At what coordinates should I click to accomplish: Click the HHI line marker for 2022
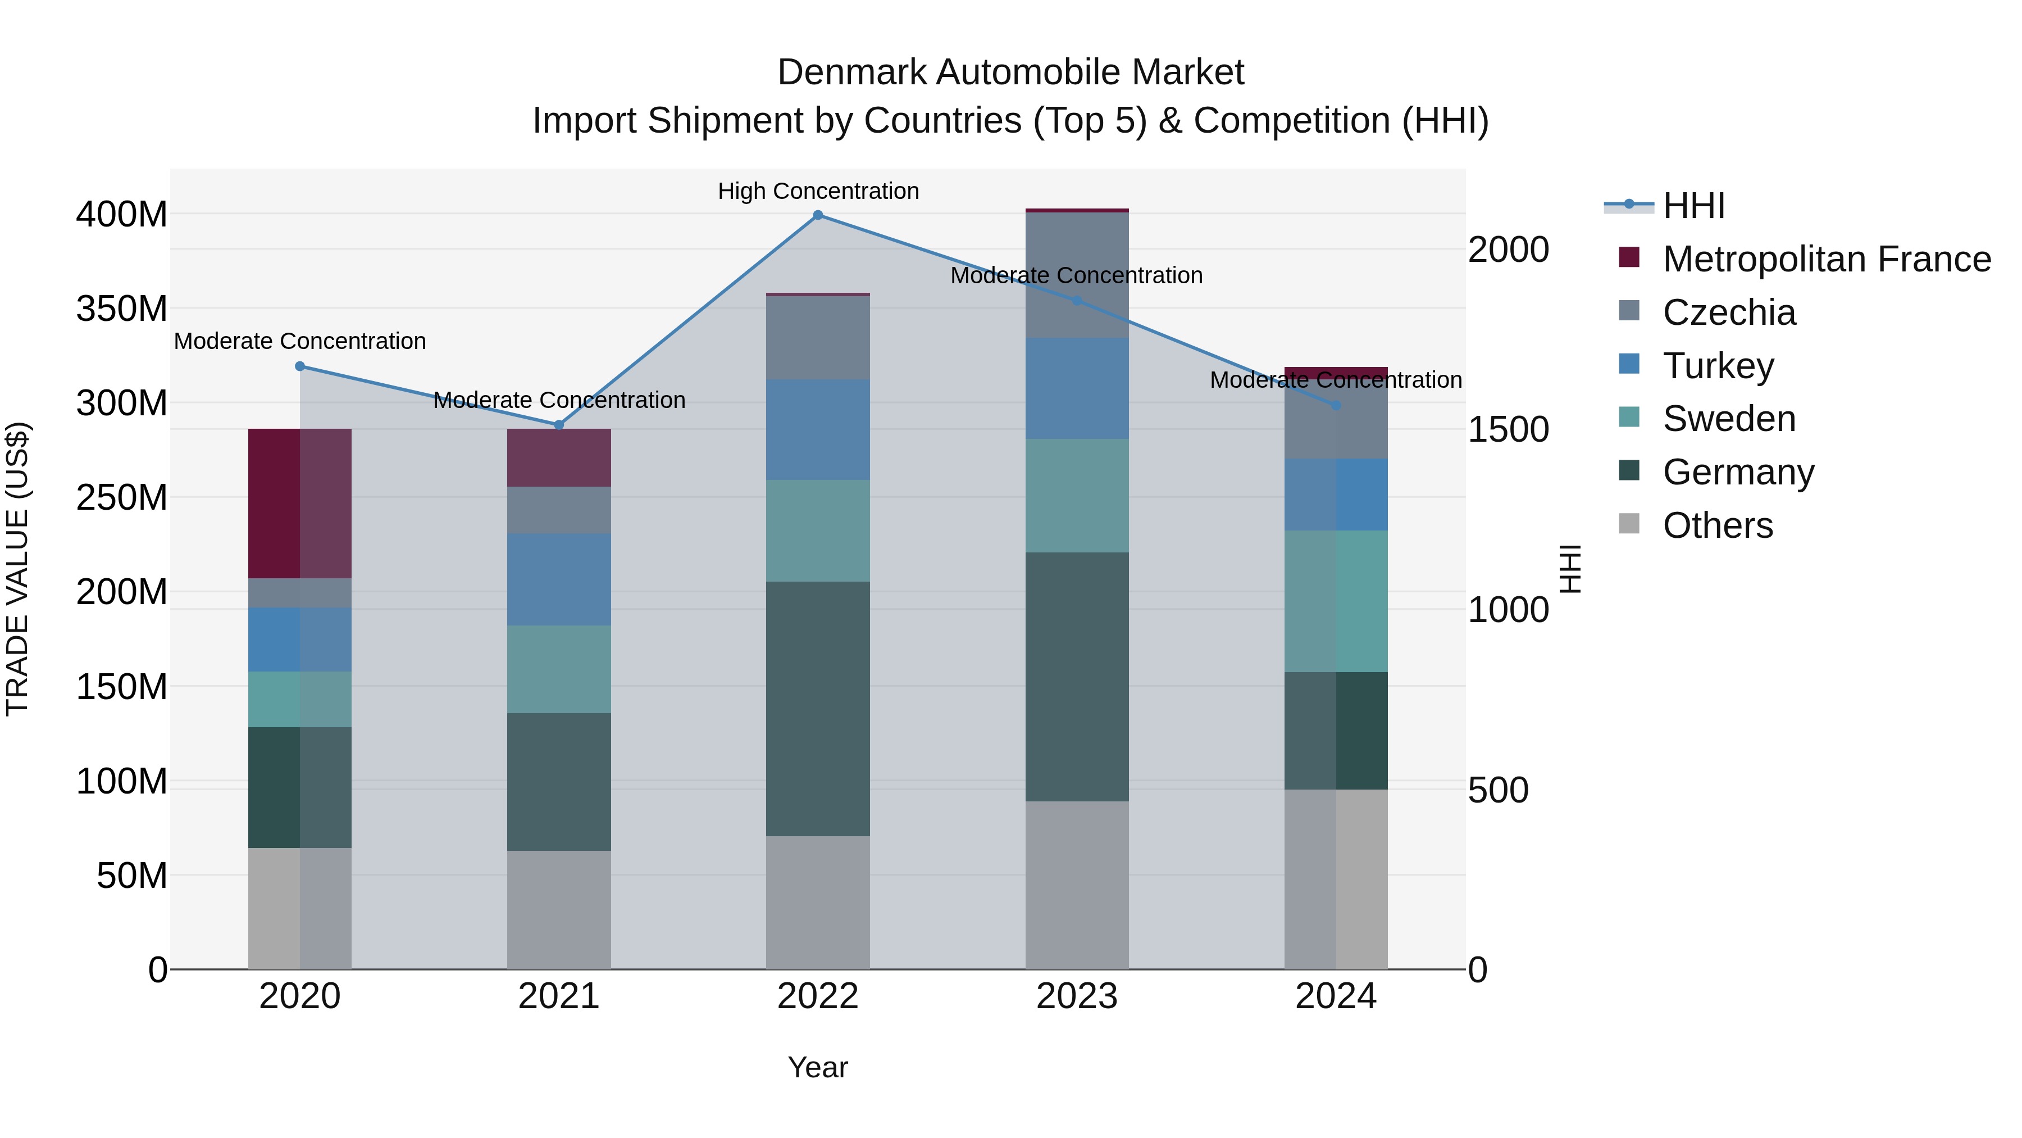[x=818, y=215]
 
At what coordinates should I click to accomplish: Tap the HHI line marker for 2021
[x=559, y=425]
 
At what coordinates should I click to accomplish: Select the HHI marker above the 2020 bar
[x=300, y=366]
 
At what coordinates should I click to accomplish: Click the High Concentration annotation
[x=818, y=191]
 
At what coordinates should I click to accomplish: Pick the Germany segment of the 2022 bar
[x=818, y=709]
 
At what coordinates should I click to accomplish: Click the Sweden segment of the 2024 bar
[x=1336, y=601]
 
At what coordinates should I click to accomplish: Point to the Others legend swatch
[x=1629, y=524]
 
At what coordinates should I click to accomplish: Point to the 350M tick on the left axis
[x=122, y=309]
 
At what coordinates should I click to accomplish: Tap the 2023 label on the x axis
[x=1077, y=996]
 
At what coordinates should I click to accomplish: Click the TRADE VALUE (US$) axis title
[x=17, y=569]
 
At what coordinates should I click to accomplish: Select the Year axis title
[x=818, y=1067]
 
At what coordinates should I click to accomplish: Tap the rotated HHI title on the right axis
[x=1570, y=569]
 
